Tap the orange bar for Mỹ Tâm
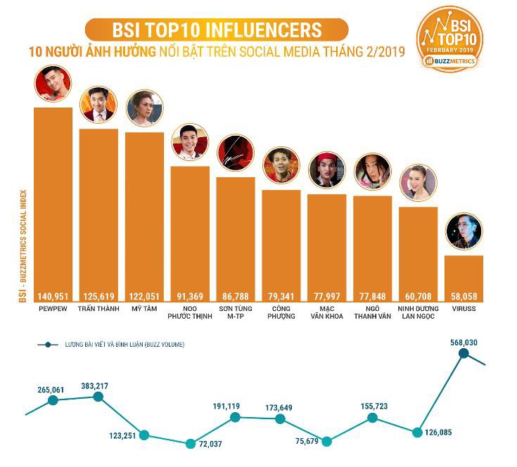click(144, 211)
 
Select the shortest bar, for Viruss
click(464, 274)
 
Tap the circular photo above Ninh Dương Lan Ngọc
click(419, 183)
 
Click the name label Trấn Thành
click(98, 308)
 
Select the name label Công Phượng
click(281, 312)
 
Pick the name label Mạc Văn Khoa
click(327, 312)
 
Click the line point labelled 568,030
click(464, 354)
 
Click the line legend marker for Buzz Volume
click(46, 345)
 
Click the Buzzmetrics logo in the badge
click(450, 61)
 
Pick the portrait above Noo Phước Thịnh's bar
click(190, 143)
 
